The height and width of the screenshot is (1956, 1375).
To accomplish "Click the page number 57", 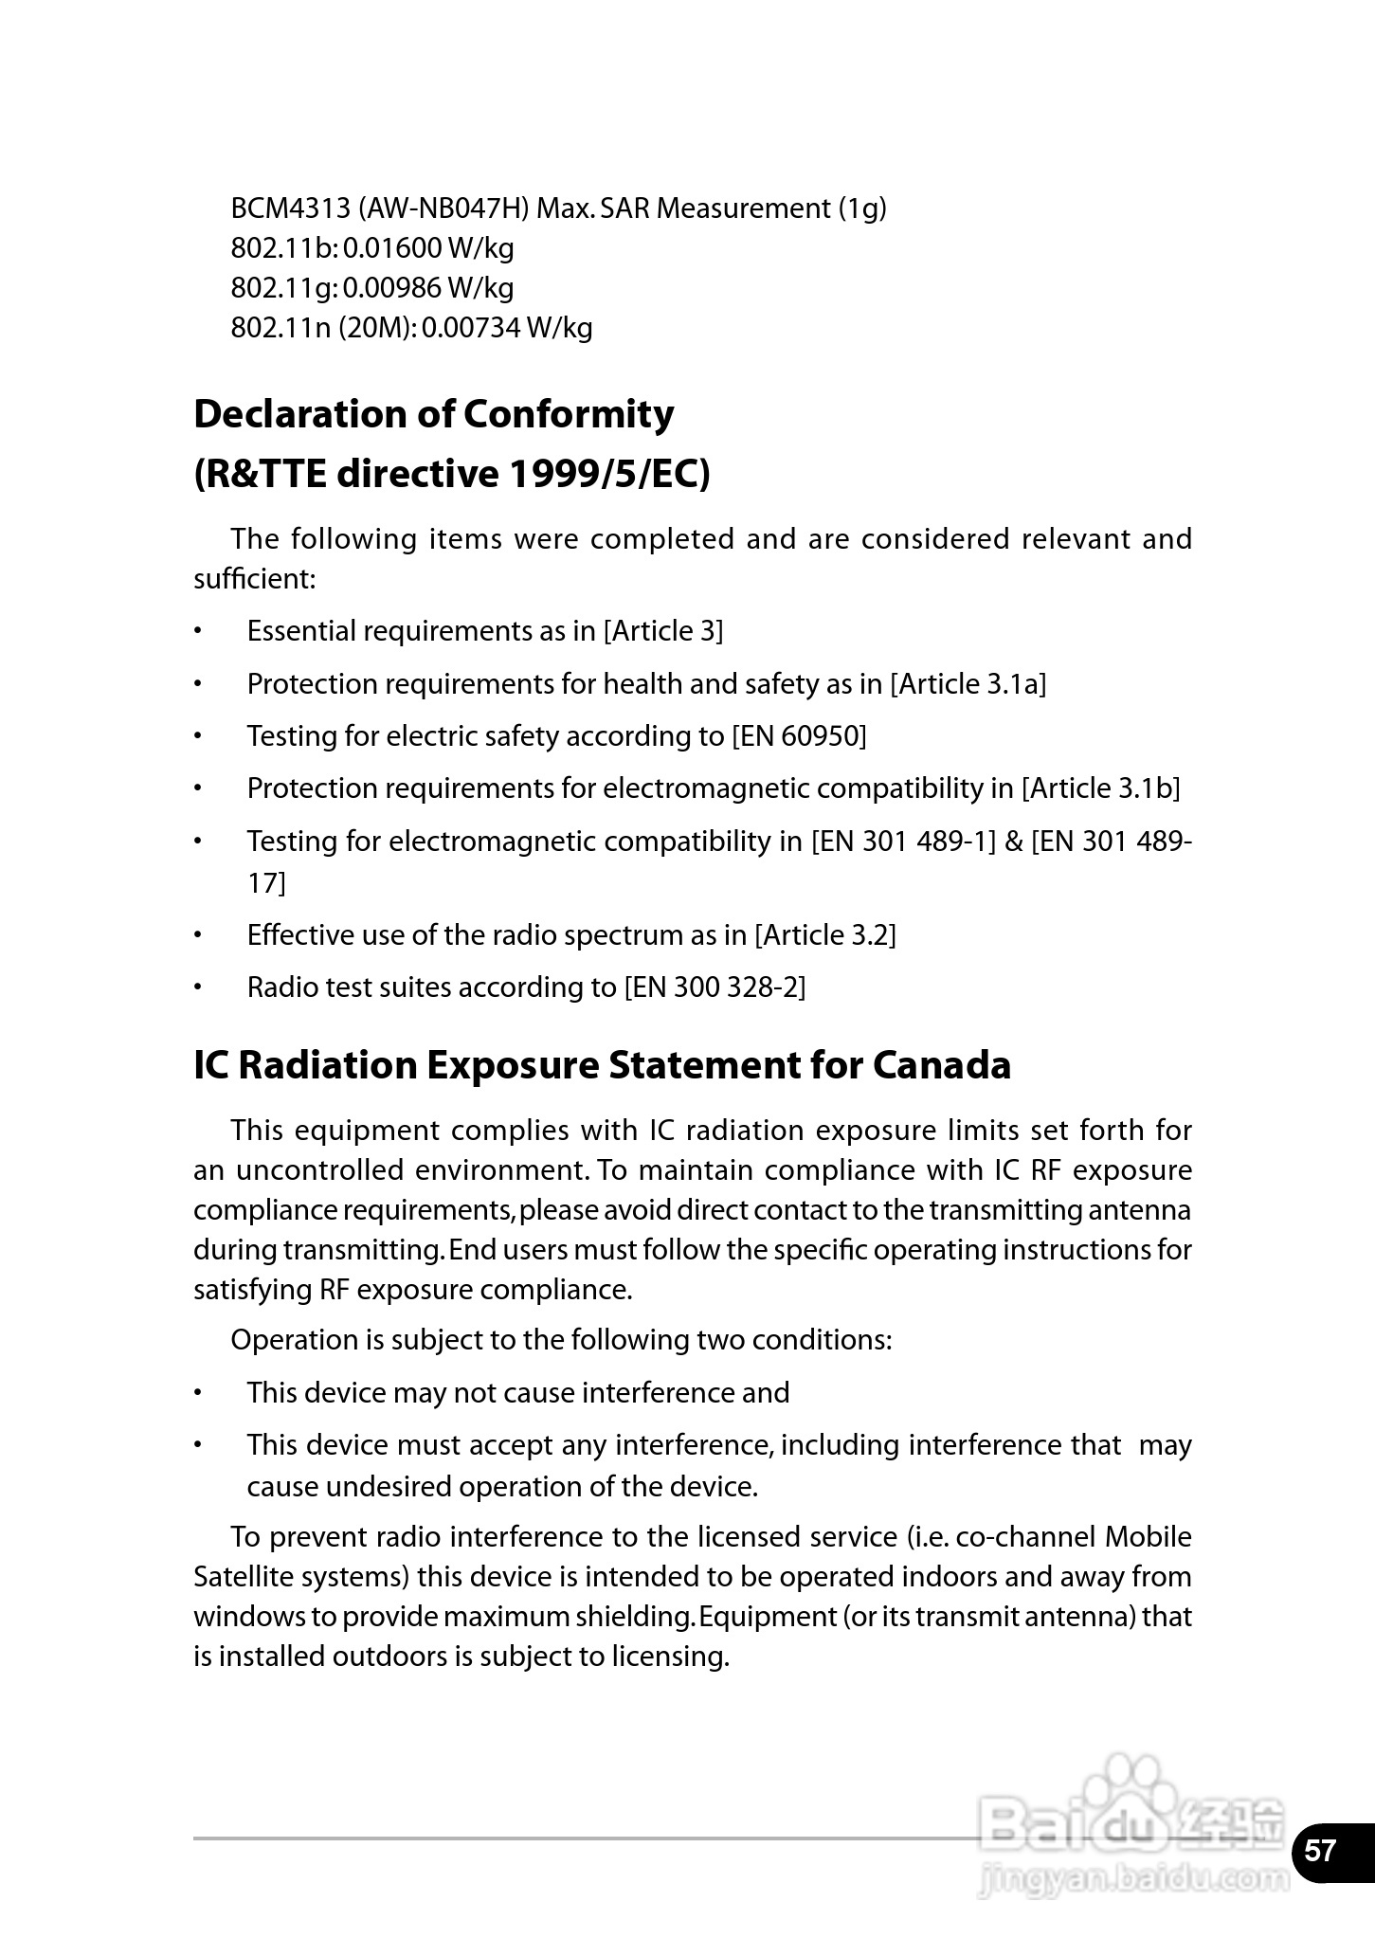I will tap(1320, 1850).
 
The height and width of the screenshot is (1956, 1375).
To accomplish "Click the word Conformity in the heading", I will tap(569, 414).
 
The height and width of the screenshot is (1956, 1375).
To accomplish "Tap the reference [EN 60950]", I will tap(799, 736).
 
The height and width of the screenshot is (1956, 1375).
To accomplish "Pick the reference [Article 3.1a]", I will tap(968, 684).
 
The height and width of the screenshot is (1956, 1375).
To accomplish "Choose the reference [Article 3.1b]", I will tap(1100, 788).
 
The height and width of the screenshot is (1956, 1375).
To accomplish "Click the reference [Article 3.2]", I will tap(824, 935).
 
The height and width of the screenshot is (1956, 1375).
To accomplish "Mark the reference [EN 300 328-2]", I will tap(715, 987).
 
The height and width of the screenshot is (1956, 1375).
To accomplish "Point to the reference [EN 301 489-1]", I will tap(903, 842).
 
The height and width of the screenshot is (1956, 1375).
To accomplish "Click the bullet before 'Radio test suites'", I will tap(199, 987).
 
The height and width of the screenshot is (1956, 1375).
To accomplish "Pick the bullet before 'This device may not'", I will tap(199, 1393).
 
